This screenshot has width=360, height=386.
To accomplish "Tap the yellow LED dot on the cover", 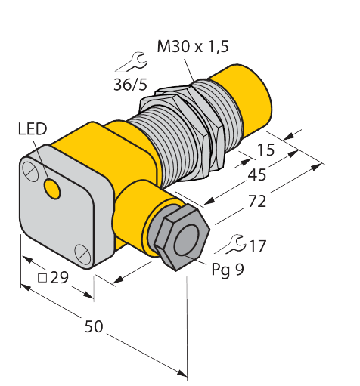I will tap(53, 190).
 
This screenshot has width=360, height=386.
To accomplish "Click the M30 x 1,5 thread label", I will tap(192, 48).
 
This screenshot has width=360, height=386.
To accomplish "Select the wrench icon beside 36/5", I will tap(131, 61).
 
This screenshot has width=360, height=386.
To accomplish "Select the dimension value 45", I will tap(258, 176).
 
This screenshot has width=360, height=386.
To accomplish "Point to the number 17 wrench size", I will tap(256, 245).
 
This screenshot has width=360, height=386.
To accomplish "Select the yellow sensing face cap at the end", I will tap(244, 97).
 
